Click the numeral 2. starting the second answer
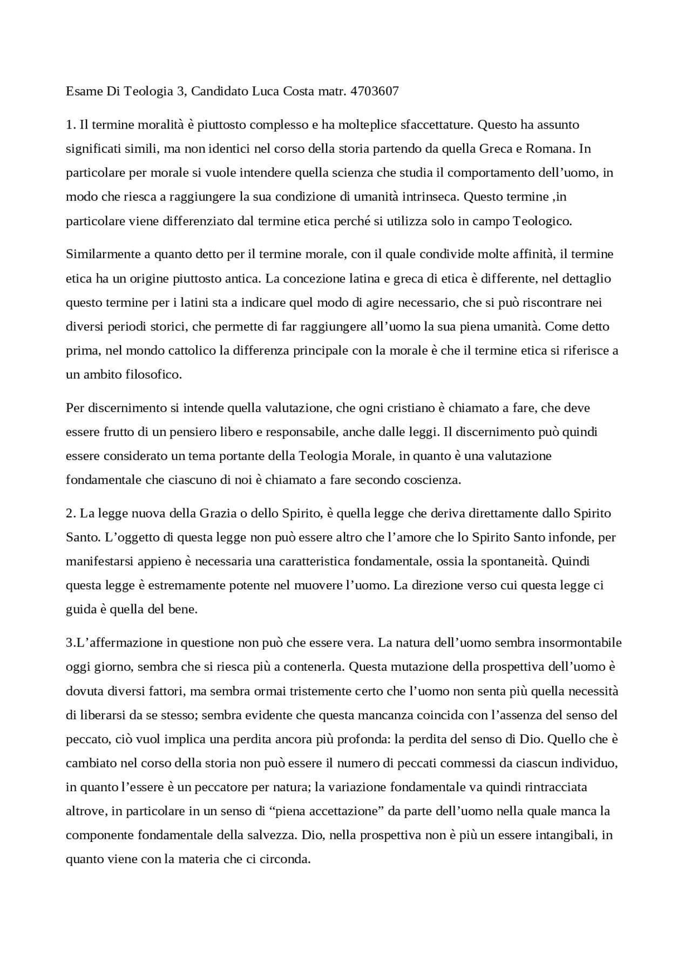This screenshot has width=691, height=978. [x=71, y=513]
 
